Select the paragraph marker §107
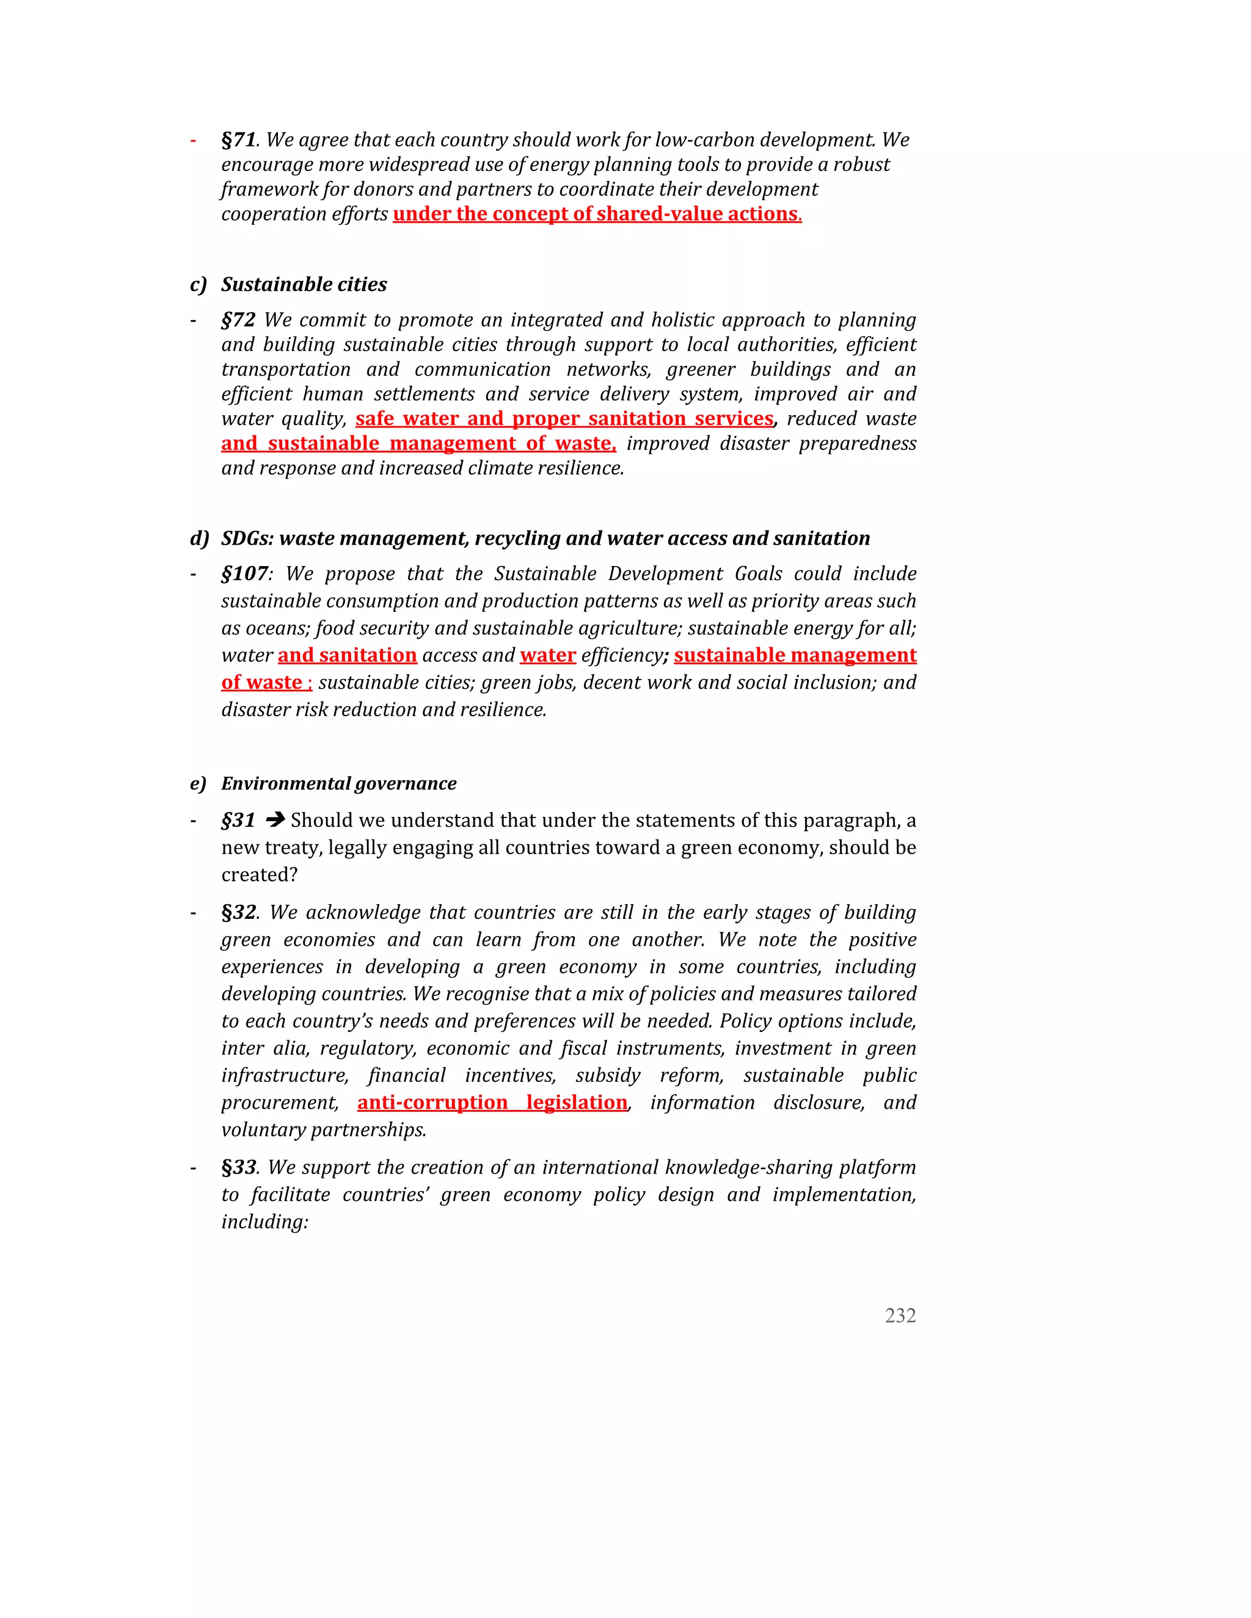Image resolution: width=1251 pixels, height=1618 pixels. coord(244,574)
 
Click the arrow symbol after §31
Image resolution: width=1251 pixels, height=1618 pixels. coord(275,820)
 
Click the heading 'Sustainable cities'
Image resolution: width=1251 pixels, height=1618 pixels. coord(304,285)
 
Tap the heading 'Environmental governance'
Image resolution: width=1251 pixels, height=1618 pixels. coord(338,784)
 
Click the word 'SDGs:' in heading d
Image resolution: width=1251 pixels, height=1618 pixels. coord(247,539)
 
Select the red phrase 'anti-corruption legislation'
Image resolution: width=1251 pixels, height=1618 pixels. coord(492,1103)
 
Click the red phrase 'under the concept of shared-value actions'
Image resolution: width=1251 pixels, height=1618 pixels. coord(597,214)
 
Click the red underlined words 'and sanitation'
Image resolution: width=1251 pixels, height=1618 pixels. coord(347,656)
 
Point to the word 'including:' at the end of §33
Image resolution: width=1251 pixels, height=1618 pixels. coord(264,1222)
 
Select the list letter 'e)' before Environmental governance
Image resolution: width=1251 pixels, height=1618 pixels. coord(198,784)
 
